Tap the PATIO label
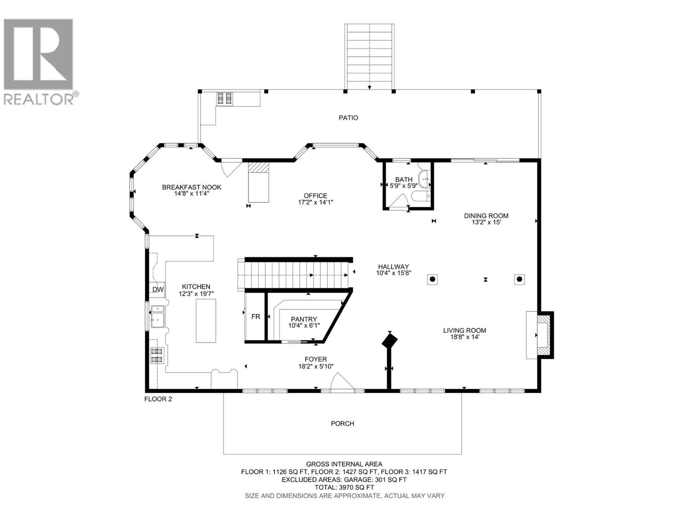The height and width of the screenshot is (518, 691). click(348, 118)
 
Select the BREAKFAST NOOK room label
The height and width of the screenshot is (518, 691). click(191, 187)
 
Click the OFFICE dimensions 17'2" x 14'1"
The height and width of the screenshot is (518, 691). click(316, 202)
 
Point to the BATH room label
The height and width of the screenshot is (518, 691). click(404, 180)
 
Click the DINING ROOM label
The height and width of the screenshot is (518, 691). click(486, 216)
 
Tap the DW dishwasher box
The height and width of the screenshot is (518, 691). click(158, 290)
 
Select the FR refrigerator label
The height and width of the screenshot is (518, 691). click(256, 317)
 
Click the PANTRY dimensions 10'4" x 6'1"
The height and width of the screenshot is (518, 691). click(304, 325)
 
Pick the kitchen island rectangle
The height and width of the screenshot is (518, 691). click(206, 321)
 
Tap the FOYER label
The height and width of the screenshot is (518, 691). click(315, 359)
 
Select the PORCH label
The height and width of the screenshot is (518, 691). click(342, 423)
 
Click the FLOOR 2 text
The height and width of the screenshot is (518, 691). click(158, 399)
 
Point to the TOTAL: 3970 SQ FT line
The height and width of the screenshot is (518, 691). click(344, 487)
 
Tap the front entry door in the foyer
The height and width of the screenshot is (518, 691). click(342, 384)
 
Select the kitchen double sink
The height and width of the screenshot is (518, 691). click(157, 317)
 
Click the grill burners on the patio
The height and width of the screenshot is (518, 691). click(224, 99)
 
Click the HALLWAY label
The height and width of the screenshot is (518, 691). click(393, 267)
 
